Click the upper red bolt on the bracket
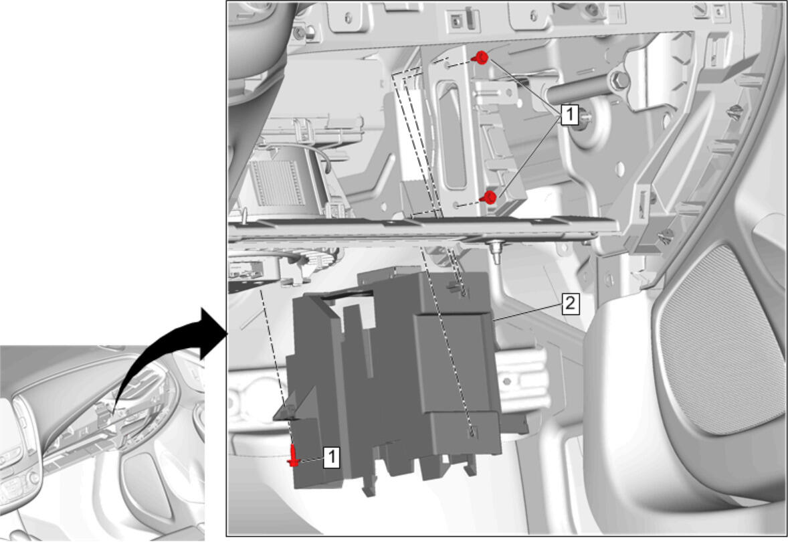pyautogui.click(x=482, y=58)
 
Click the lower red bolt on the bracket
pyautogui.click(x=488, y=197)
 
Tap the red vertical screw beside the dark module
pyautogui.click(x=293, y=456)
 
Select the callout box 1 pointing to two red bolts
pyautogui.click(x=569, y=114)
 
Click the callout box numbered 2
pyautogui.click(x=570, y=304)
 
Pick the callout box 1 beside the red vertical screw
pyautogui.click(x=330, y=458)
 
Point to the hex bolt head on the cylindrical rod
pyautogui.click(x=619, y=80)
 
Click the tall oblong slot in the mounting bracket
pyautogui.click(x=453, y=136)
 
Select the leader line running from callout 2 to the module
pyautogui.click(x=527, y=312)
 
